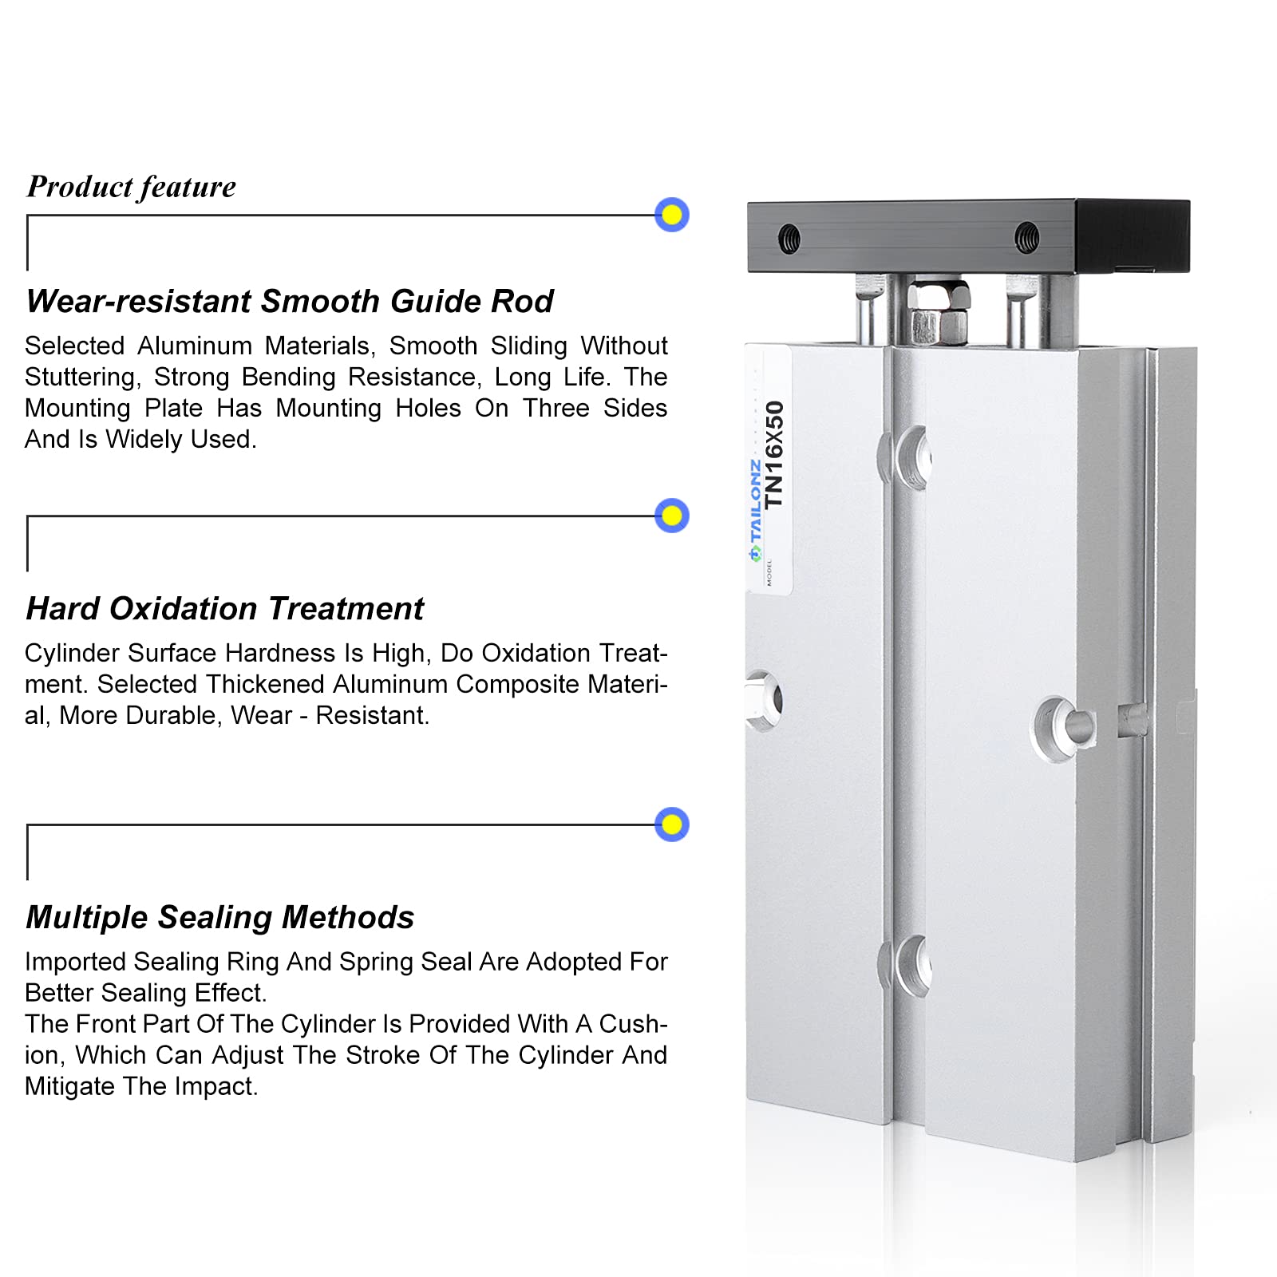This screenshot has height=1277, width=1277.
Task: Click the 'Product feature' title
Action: pos(132,187)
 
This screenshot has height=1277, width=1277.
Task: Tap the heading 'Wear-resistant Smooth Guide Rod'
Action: pos(290,302)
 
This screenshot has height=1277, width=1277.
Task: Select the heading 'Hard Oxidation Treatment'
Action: pos(225,609)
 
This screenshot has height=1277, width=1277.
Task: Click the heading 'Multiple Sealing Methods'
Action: pos(220,918)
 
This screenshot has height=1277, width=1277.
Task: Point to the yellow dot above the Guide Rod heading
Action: pos(672,215)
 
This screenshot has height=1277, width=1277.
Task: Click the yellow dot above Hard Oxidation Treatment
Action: pos(672,516)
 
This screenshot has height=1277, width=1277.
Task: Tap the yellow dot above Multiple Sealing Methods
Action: pos(672,824)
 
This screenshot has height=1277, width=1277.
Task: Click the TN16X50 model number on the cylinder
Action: pos(774,454)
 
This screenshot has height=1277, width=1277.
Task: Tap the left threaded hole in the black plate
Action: pos(789,237)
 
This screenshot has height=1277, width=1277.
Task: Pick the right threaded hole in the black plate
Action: pos(1027,237)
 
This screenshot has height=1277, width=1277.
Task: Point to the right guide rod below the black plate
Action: pos(1022,311)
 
